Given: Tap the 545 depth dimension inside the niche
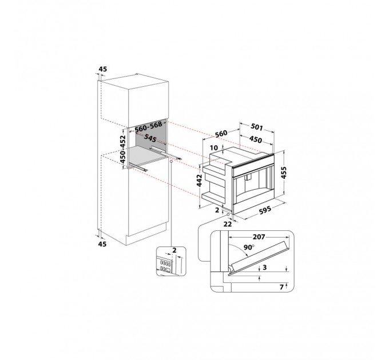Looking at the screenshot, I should point(150,138).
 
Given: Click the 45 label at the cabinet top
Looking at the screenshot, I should point(102,69).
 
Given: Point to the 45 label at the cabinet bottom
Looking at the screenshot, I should point(102,243).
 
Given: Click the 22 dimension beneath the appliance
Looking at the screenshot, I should point(228,223).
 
